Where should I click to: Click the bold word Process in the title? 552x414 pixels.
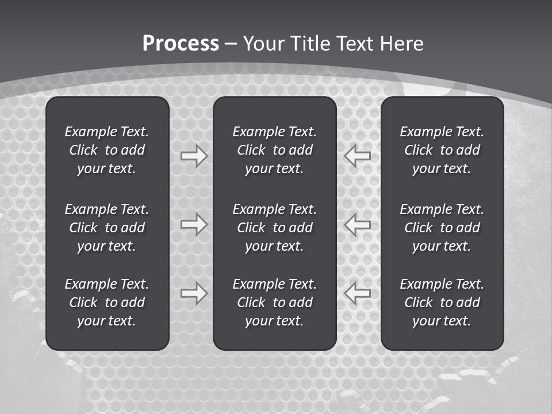(x=181, y=44)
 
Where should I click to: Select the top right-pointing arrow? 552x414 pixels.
(x=194, y=156)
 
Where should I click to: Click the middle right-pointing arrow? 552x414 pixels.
(x=194, y=224)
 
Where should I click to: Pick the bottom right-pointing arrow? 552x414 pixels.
(x=194, y=293)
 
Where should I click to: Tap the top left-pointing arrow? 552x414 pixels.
(x=358, y=156)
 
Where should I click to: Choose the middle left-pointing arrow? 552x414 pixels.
(x=358, y=224)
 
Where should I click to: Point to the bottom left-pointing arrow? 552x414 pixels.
(x=358, y=293)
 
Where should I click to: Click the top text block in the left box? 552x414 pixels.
(x=107, y=150)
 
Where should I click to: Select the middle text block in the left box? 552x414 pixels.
(x=107, y=228)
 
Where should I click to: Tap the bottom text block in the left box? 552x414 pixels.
(x=107, y=302)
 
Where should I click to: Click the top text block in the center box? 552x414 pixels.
(x=274, y=150)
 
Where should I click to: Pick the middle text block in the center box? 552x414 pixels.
(x=274, y=228)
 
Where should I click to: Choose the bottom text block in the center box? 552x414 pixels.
(x=274, y=302)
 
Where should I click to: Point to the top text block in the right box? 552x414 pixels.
(x=442, y=150)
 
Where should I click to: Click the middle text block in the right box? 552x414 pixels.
(x=442, y=228)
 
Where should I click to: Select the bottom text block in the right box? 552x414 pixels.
(x=442, y=302)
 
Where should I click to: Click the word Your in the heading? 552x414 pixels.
(x=263, y=44)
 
